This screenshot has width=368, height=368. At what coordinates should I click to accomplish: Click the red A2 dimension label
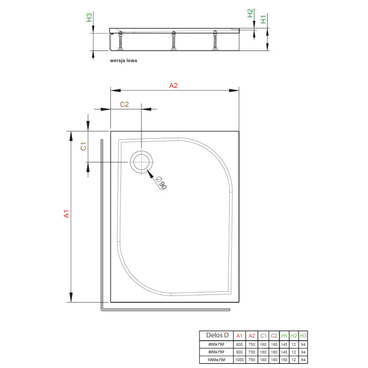click(x=173, y=85)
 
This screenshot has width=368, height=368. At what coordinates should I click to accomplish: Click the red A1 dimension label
click(x=66, y=214)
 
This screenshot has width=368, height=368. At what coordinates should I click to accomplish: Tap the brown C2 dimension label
click(x=125, y=104)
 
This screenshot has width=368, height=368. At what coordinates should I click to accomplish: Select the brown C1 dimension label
click(x=83, y=146)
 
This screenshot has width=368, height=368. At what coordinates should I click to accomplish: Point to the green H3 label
click(x=89, y=17)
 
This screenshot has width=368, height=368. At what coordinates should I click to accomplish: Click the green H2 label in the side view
click(x=250, y=13)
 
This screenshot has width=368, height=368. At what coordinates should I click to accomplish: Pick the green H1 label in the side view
click(x=263, y=19)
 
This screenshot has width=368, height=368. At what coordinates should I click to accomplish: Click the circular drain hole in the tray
click(x=141, y=162)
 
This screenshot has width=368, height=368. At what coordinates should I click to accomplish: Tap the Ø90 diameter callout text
click(x=161, y=182)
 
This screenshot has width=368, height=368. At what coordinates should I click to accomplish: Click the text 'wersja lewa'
click(x=124, y=60)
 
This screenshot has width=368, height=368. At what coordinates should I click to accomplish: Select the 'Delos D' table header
click(x=217, y=335)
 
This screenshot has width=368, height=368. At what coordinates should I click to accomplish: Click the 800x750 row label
click(x=216, y=344)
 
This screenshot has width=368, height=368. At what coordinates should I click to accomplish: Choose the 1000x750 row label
click(x=216, y=360)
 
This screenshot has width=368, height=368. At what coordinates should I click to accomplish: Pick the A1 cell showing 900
click(x=239, y=352)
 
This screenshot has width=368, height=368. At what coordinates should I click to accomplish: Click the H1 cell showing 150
click(x=284, y=360)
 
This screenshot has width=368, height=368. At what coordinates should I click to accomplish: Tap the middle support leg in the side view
click(x=173, y=40)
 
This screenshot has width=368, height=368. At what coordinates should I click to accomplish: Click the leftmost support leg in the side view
click(x=120, y=40)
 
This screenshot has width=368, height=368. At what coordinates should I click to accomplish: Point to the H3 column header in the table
click(x=303, y=336)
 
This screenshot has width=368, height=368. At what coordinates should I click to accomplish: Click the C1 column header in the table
click(x=263, y=336)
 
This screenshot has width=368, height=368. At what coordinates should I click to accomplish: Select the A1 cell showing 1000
click(x=239, y=360)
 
